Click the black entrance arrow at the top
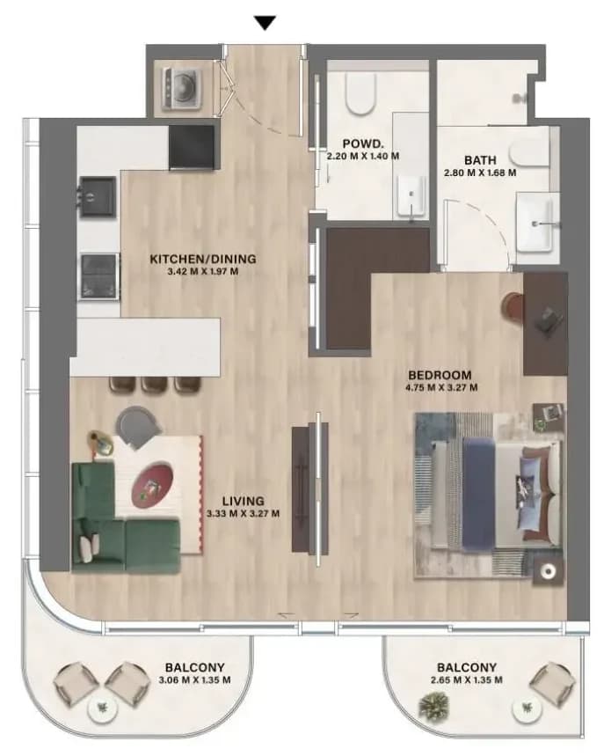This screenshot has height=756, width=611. pyautogui.click(x=265, y=23)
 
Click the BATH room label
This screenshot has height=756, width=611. pyautogui.click(x=480, y=160)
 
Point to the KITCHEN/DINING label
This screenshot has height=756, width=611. pyautogui.click(x=203, y=259)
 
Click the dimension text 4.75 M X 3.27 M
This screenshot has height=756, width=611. pyautogui.click(x=442, y=387)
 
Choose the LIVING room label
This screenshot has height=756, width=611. pyautogui.click(x=244, y=501)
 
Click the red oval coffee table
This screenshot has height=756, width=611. pyautogui.click(x=153, y=485)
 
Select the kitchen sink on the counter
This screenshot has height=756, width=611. pyautogui.click(x=98, y=195)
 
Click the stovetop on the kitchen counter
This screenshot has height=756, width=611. pyautogui.click(x=99, y=276)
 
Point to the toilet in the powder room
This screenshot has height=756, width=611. pyautogui.click(x=360, y=94)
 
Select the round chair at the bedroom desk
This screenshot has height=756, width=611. pyautogui.click(x=513, y=305)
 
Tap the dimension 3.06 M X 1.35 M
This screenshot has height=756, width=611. pyautogui.click(x=194, y=679)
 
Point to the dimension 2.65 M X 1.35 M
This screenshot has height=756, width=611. pyautogui.click(x=466, y=679)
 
